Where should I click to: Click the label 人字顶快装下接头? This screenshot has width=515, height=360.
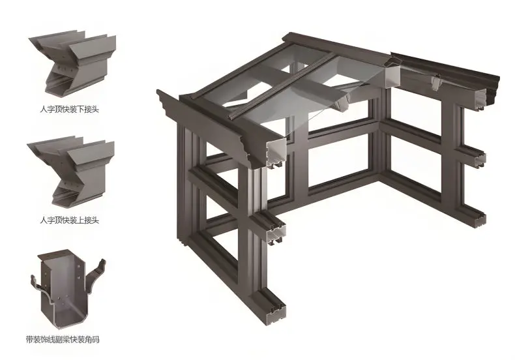pos(69,109)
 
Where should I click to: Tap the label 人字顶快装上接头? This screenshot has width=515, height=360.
pos(69,220)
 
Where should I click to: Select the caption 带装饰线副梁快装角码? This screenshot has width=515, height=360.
pos(63,339)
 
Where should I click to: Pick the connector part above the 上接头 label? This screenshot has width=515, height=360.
pos(71,172)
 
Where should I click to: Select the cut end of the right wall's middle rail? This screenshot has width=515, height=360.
pos(480,161)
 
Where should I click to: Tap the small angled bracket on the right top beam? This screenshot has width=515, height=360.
pos(436,83)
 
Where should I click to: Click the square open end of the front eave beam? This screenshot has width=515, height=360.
pos(276,153)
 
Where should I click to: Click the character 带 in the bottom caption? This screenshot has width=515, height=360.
pos(29,339)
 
